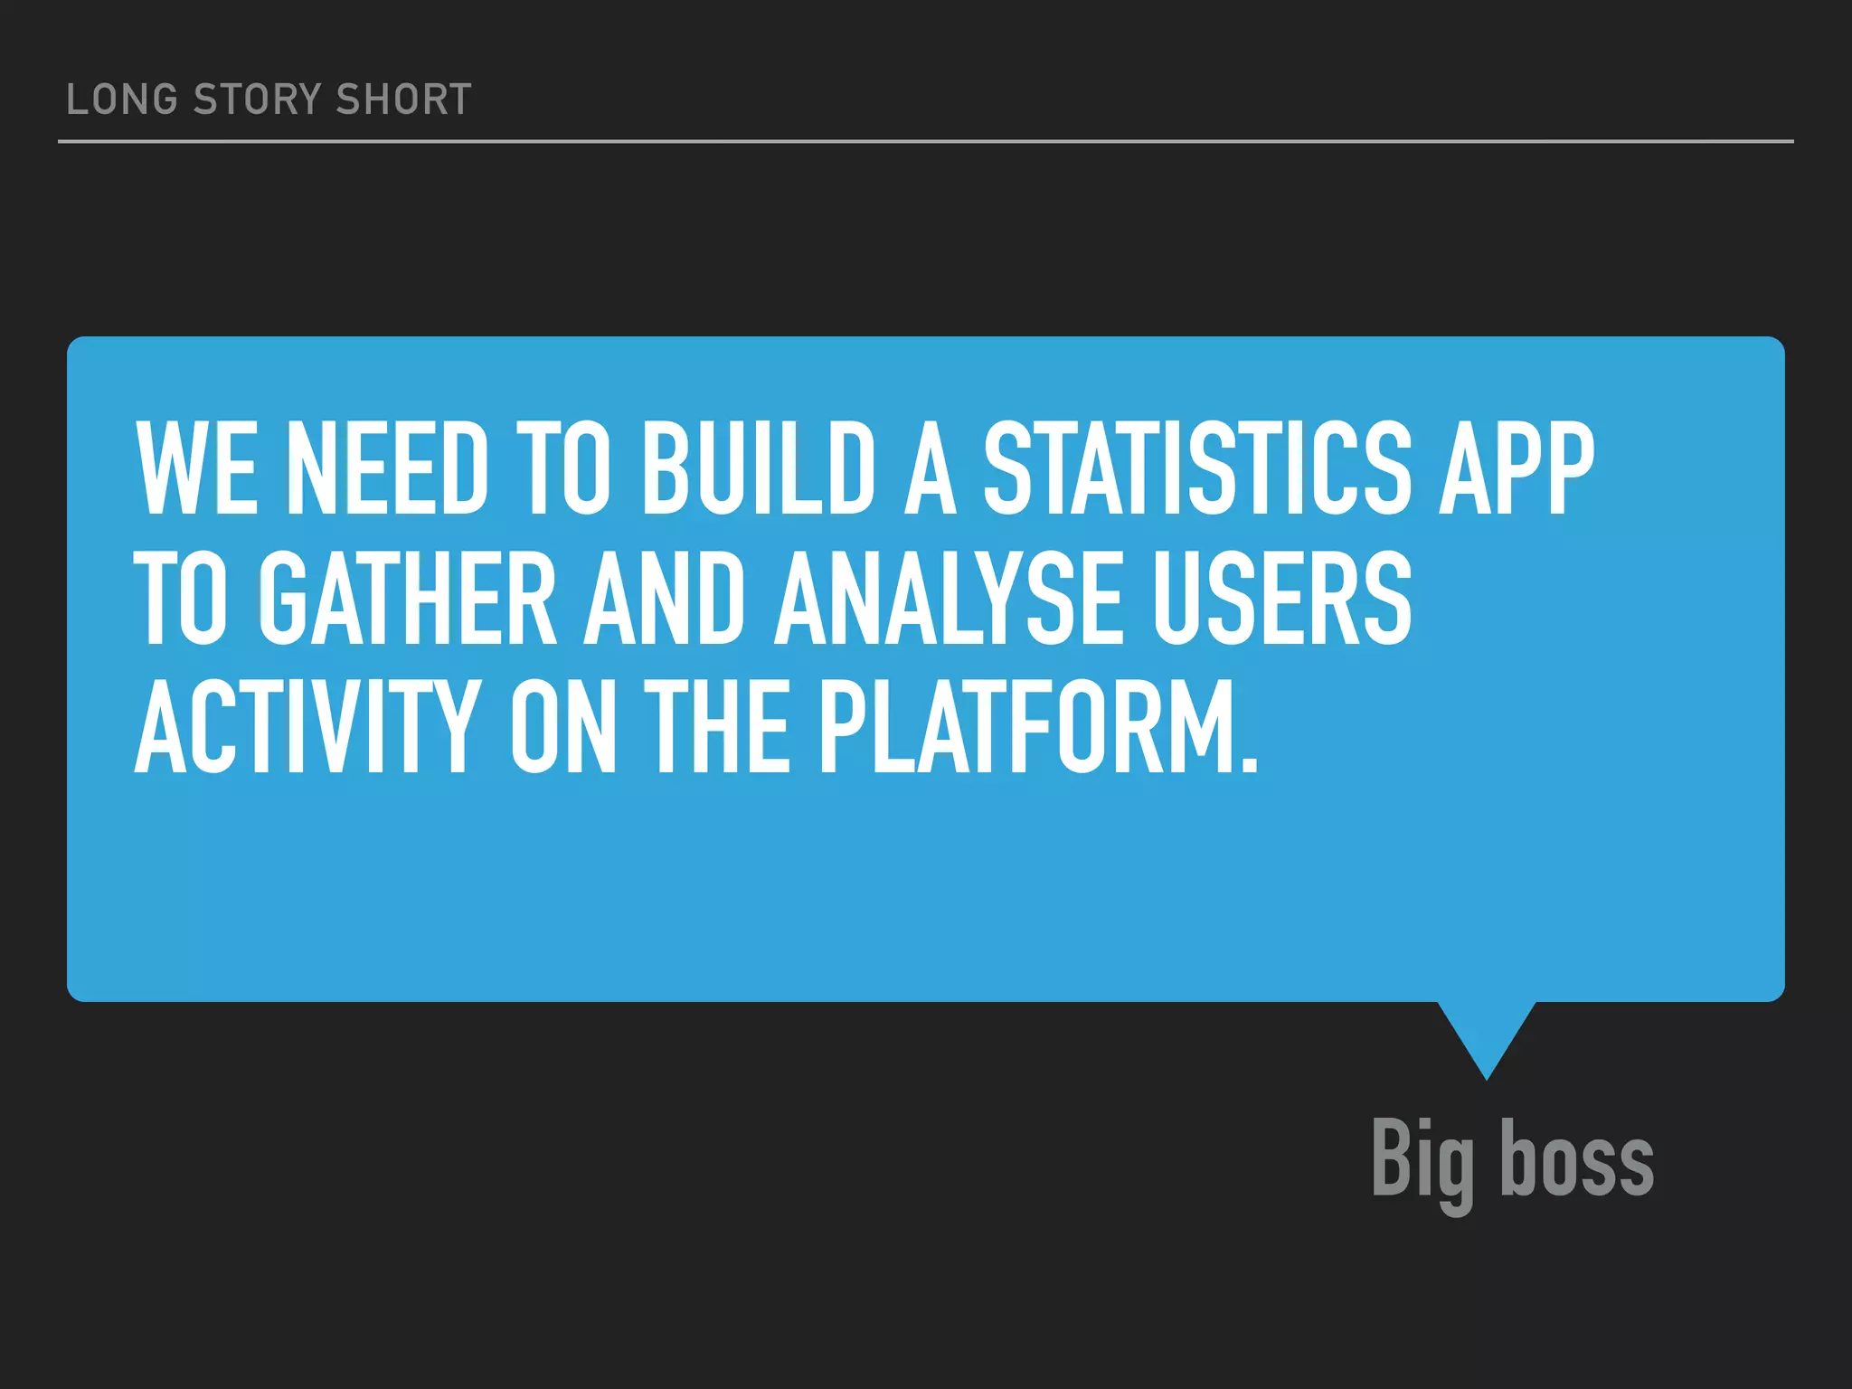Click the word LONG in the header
tap(122, 99)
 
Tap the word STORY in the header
tap(258, 99)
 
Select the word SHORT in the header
tap(403, 99)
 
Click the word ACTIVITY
tap(306, 728)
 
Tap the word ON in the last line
tap(563, 728)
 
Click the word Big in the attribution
tap(1422, 1161)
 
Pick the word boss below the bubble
tap(1577, 1159)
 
